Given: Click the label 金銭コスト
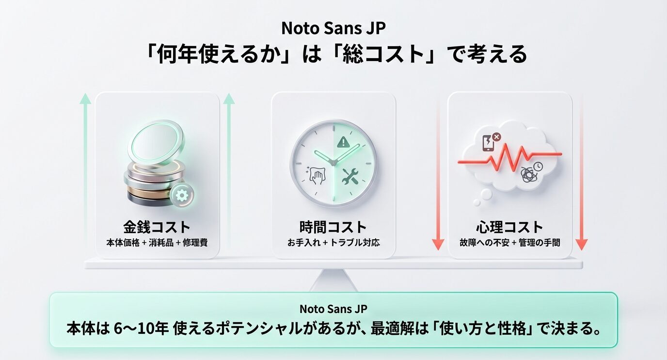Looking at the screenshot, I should (x=157, y=227).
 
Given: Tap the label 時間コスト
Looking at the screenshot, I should (x=333, y=227).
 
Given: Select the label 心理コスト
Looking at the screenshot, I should (x=509, y=227).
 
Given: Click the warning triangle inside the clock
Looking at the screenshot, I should (x=343, y=142).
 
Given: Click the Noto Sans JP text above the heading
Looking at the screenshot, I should (x=333, y=28).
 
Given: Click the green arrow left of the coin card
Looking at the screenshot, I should (x=85, y=170).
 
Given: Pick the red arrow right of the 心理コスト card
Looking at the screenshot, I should (x=581, y=170).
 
